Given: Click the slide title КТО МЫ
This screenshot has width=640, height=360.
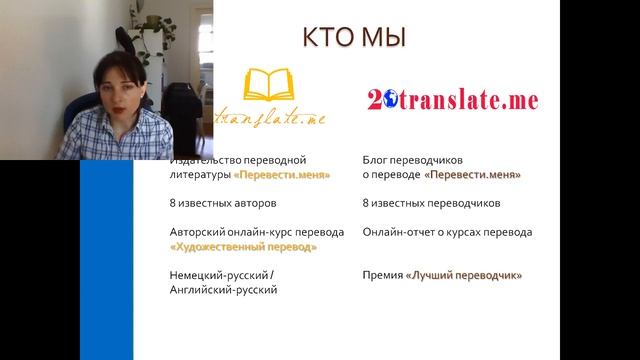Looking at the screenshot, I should [354, 38].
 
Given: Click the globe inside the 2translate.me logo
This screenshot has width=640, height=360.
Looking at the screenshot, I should [386, 100].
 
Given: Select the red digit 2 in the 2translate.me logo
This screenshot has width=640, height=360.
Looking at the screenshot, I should [373, 100].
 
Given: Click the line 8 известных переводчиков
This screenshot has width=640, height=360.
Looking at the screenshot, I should [431, 203].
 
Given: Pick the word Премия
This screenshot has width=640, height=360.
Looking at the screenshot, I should [382, 275].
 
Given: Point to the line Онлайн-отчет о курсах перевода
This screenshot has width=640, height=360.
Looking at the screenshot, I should [447, 232].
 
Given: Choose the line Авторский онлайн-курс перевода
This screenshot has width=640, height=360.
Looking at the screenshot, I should [257, 232].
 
